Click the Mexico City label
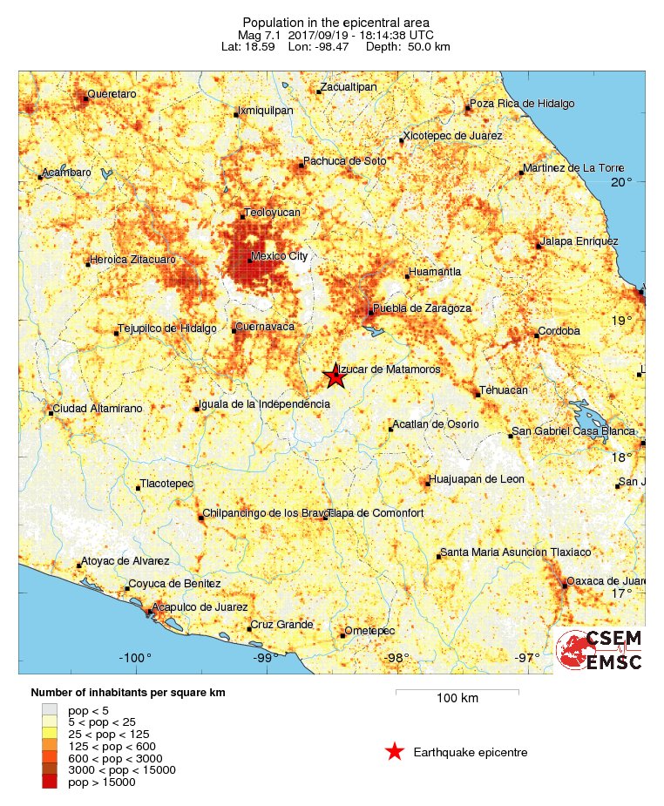click(x=278, y=256)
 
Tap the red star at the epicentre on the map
click(x=335, y=377)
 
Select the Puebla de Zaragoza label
click(x=422, y=308)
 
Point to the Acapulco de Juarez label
click(x=200, y=606)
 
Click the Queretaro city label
click(x=112, y=93)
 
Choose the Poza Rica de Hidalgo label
click(x=522, y=104)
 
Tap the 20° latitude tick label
click(x=621, y=182)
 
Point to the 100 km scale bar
click(x=457, y=692)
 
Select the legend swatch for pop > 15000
click(x=50, y=782)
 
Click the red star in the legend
click(x=395, y=752)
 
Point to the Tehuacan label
click(x=505, y=391)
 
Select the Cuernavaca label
click(x=267, y=326)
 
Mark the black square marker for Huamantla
click(x=407, y=277)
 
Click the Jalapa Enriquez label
click(x=579, y=240)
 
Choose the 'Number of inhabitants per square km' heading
click(x=128, y=693)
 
